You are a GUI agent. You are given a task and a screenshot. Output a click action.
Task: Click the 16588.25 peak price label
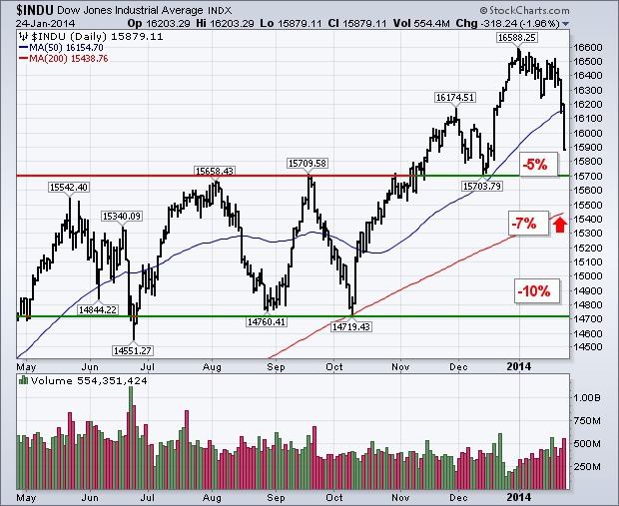coord(518,36)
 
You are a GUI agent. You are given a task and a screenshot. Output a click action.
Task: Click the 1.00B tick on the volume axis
coord(589,396)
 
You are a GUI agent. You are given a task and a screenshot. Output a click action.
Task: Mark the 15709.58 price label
coord(308,163)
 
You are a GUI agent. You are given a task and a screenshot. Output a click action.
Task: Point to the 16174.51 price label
coord(453,97)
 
